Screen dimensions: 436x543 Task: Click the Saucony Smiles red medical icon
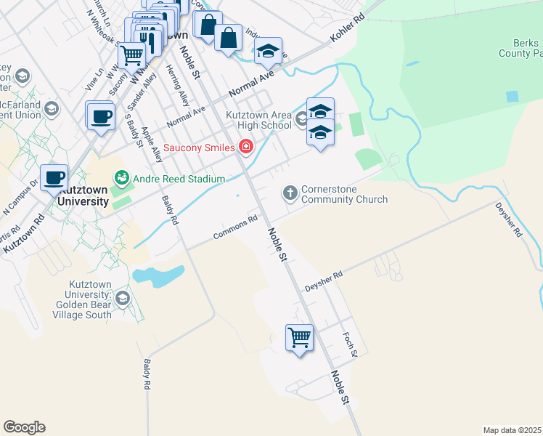pos(246,148)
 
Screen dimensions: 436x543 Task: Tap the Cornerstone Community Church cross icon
pos(290,192)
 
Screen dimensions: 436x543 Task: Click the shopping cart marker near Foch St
pos(299,337)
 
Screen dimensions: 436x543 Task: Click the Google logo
pos(24,427)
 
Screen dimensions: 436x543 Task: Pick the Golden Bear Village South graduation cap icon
pos(122,298)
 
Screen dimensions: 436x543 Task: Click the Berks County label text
pos(519,48)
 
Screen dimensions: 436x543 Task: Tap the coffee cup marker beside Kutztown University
pos(54,177)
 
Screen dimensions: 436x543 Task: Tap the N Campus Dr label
pos(23,195)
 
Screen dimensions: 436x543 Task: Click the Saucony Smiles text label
pos(199,148)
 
